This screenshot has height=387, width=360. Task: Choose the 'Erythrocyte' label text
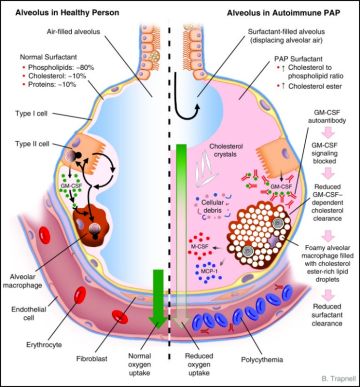click(43, 344)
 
